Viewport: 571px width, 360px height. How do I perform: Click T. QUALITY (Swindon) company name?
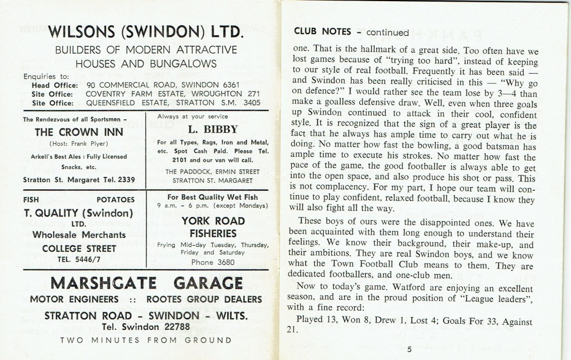(x=78, y=213)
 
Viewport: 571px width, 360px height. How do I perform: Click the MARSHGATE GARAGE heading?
(x=146, y=282)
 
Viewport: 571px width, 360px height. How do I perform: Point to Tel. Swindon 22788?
(x=146, y=327)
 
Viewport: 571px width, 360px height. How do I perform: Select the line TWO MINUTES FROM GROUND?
(x=146, y=340)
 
